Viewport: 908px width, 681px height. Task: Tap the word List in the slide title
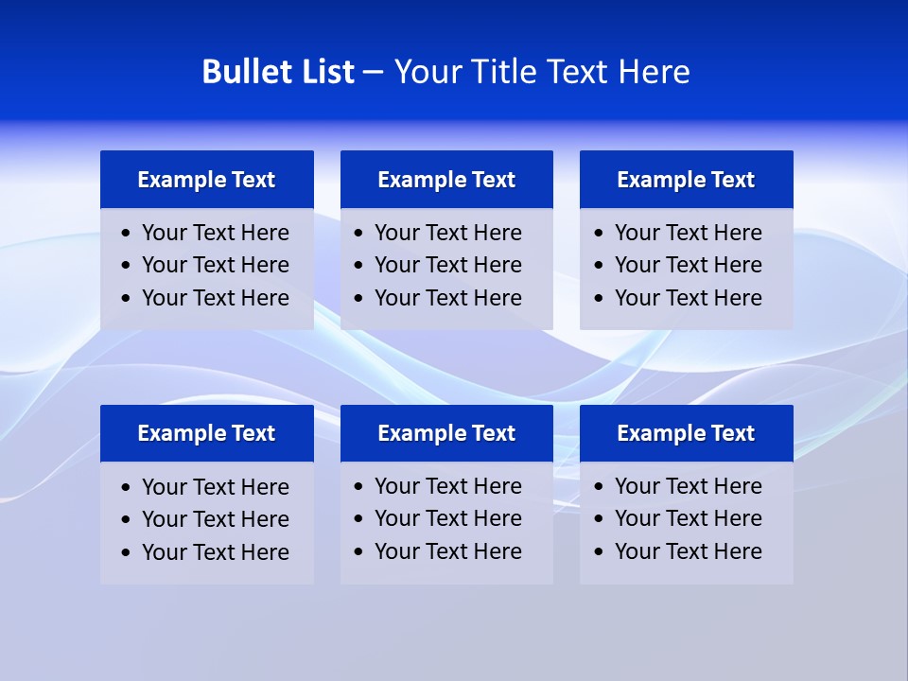325,72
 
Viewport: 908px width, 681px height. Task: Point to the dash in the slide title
373,73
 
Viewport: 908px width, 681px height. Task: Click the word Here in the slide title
654,72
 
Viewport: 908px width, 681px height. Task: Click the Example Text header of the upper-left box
206,180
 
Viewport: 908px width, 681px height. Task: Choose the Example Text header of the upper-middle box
446,180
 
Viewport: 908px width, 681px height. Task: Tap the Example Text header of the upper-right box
686,180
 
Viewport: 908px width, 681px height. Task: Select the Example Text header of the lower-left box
206,433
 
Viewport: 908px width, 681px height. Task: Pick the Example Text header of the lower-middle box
446,433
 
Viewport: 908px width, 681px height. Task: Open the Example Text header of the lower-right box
686,433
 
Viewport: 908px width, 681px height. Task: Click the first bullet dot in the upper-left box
127,234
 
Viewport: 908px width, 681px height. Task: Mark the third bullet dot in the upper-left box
127,299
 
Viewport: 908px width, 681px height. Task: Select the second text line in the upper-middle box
447,265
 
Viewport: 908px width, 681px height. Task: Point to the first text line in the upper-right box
688,233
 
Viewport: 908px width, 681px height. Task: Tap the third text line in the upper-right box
688,298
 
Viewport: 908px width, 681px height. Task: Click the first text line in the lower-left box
215,487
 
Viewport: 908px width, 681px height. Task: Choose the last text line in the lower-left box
215,552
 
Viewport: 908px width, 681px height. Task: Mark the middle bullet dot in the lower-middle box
359,519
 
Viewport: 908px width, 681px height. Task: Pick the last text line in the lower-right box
688,551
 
